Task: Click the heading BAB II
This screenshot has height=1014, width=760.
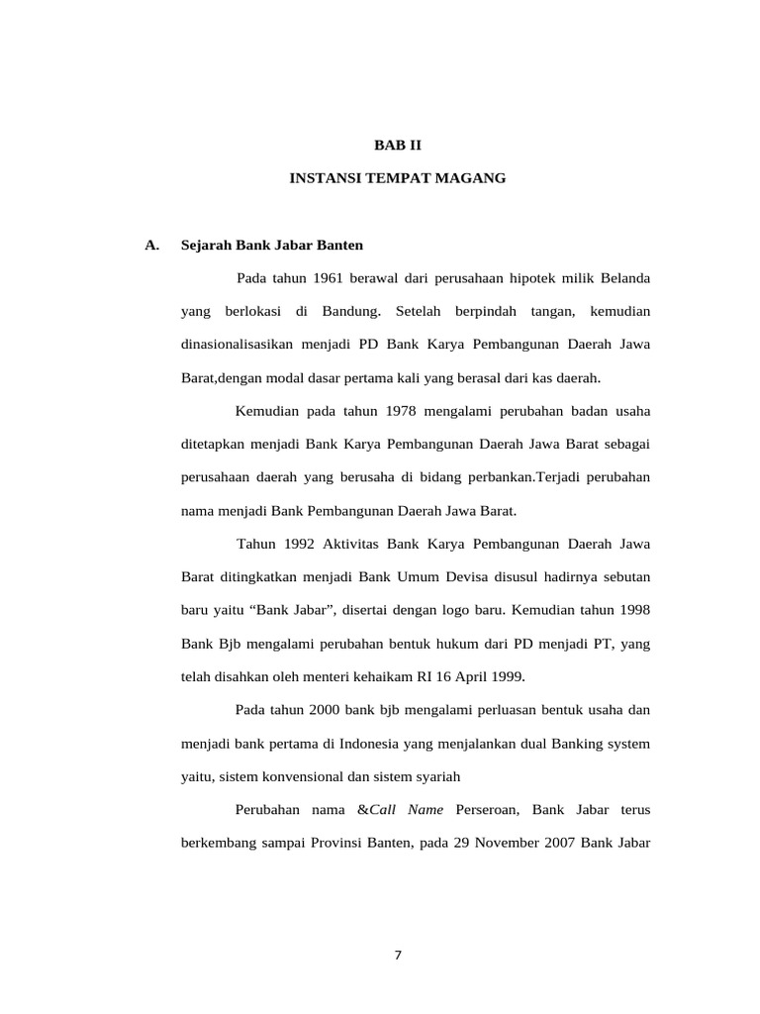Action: tap(397, 145)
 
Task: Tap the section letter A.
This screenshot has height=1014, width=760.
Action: tap(151, 245)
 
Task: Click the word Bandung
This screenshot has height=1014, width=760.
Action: tap(350, 312)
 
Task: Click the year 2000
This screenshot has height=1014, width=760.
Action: tap(325, 711)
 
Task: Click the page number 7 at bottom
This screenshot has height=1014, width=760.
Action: tap(398, 956)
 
